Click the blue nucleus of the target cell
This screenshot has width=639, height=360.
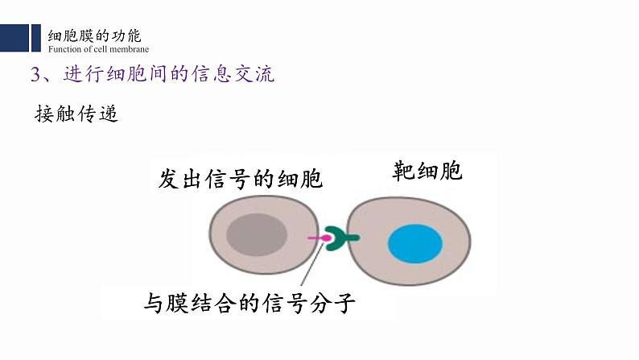tap(415, 244)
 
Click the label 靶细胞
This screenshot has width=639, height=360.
tap(427, 171)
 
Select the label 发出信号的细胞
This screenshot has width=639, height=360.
tap(241, 179)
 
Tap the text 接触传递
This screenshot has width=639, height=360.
tap(76, 114)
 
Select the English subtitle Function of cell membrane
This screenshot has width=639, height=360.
tap(99, 49)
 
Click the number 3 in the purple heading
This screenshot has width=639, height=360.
tap(35, 75)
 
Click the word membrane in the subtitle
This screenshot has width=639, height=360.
tap(131, 49)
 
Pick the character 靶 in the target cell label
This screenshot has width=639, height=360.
tap(403, 171)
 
